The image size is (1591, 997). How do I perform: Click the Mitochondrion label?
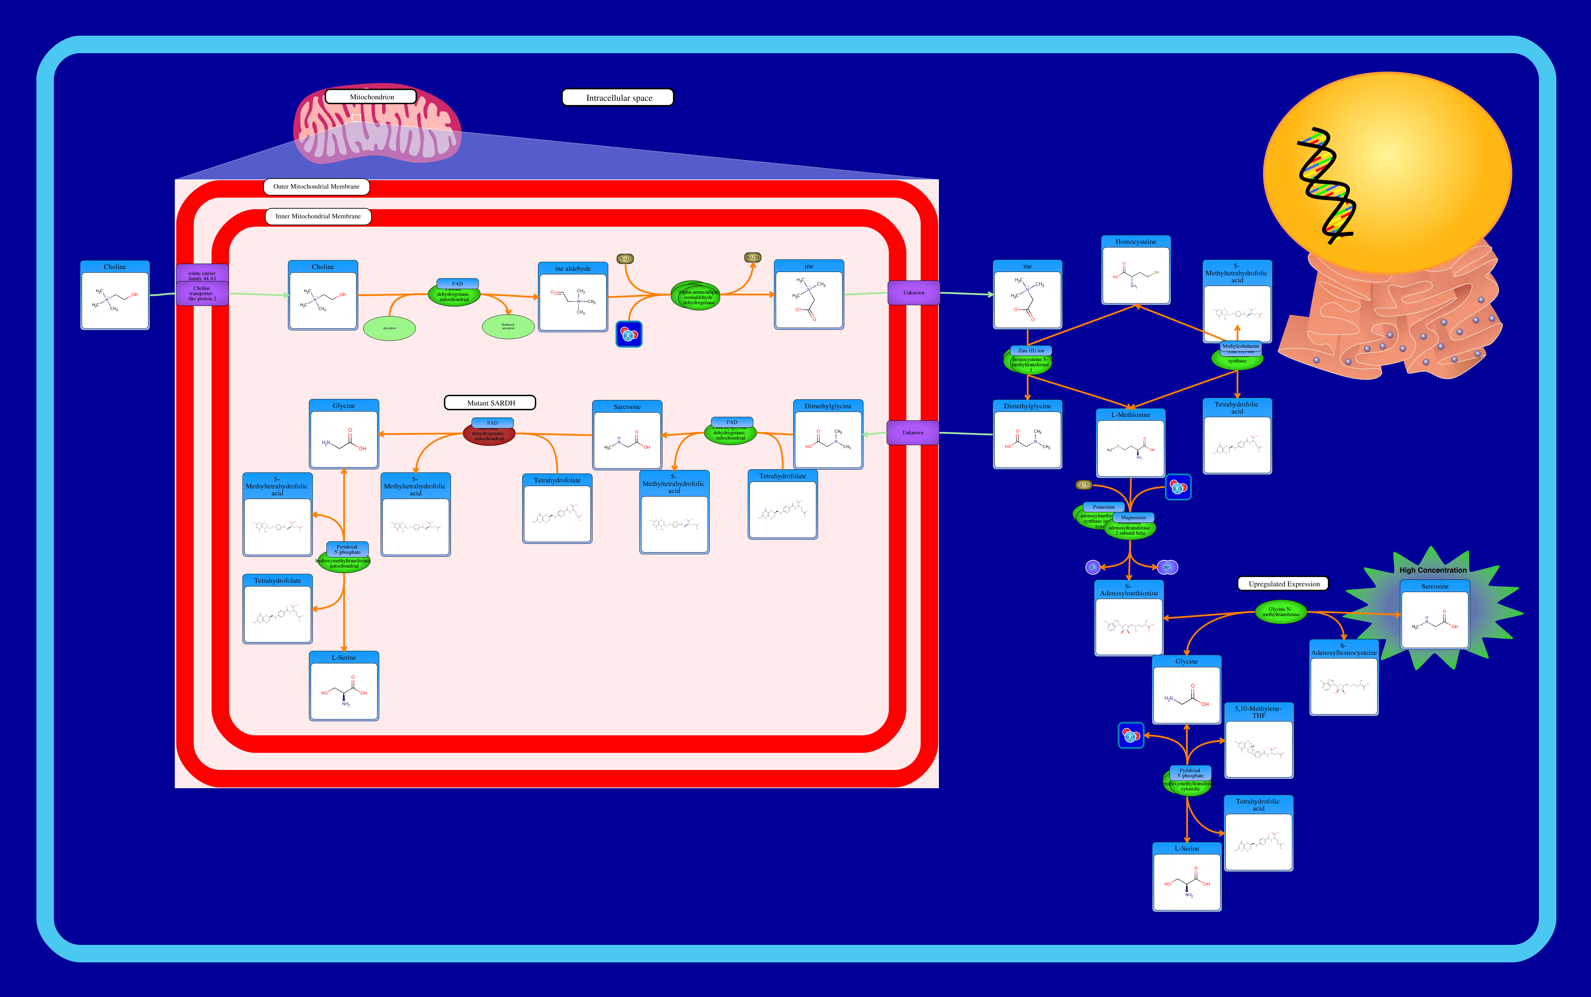coord(371,97)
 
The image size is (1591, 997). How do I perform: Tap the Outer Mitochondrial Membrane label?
coord(316,187)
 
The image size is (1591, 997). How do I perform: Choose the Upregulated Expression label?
coord(1283,584)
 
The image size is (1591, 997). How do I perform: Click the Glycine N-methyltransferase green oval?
coord(1280,612)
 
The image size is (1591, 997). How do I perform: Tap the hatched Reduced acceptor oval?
coord(508,326)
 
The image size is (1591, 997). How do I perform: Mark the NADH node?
coord(752,257)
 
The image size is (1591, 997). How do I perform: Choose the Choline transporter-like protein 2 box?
coord(202,294)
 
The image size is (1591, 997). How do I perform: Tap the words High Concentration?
coord(1433,570)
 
